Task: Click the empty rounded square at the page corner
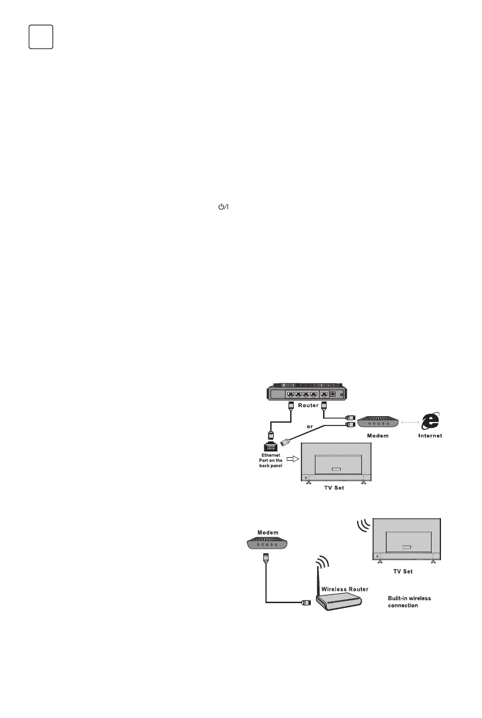coord(41,37)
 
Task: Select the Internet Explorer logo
coord(430,422)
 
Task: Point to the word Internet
coord(430,436)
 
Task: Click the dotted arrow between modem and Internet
coord(410,422)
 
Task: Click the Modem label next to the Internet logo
coord(378,436)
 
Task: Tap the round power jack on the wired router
coord(334,394)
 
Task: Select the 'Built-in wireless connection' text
coord(409,602)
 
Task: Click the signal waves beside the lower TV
coord(363,526)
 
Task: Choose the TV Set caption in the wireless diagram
coord(406,570)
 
